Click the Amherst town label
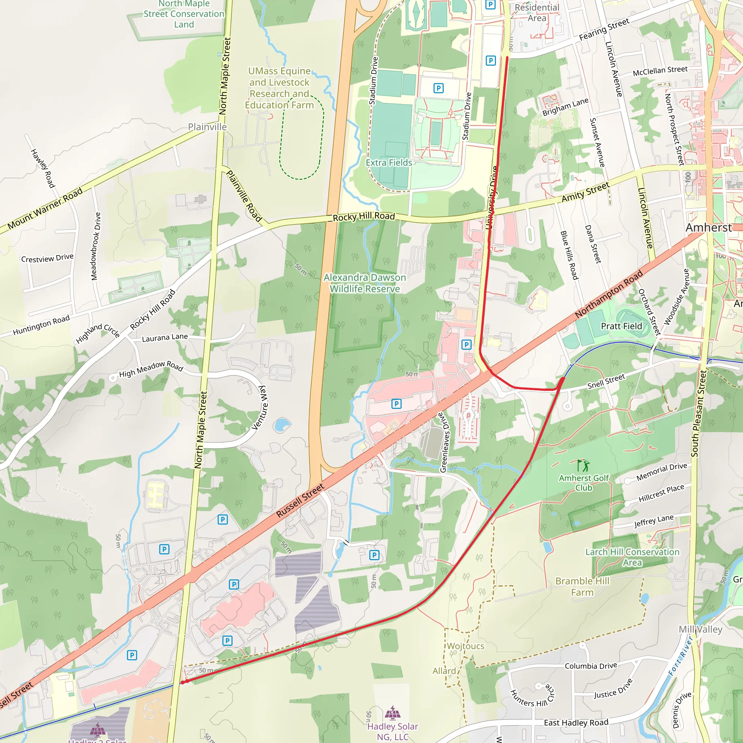tap(709, 228)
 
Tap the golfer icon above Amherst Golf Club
tap(583, 465)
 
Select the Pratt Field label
tap(621, 326)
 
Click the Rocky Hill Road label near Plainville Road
tap(364, 217)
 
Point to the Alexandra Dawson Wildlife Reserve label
tap(365, 283)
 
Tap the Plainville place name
tap(207, 127)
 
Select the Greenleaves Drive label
tap(444, 442)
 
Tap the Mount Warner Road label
tap(45, 208)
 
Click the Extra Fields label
tap(389, 163)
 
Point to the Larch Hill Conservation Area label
tap(632, 557)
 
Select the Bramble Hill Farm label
tap(582, 587)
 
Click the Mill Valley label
tap(700, 629)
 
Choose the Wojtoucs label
tap(465, 646)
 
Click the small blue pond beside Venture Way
tap(282, 425)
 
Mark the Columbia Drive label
tap(591, 666)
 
